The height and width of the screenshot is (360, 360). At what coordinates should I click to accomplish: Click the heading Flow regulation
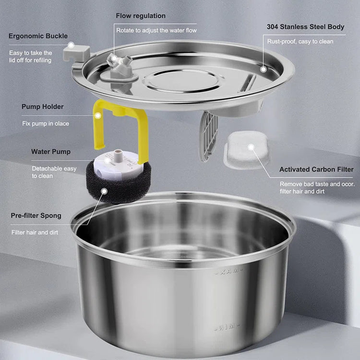[141, 16]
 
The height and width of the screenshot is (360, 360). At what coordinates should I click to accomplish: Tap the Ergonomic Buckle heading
[38, 36]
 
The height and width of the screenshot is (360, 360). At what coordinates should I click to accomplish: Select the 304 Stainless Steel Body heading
[305, 27]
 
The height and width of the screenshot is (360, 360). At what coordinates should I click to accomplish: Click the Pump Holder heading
[42, 107]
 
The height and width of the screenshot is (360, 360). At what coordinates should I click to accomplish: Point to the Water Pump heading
[51, 152]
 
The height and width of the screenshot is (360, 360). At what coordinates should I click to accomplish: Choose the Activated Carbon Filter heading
[316, 169]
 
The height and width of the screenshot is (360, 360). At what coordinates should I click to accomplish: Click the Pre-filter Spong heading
[36, 216]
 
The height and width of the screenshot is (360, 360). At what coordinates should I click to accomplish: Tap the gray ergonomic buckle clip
[77, 53]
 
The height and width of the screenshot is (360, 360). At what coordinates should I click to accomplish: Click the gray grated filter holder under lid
[209, 136]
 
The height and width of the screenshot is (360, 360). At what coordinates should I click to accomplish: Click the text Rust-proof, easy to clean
[300, 42]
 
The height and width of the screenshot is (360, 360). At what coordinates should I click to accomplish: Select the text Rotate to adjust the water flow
[156, 31]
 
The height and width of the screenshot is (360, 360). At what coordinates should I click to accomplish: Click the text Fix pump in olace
[46, 123]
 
